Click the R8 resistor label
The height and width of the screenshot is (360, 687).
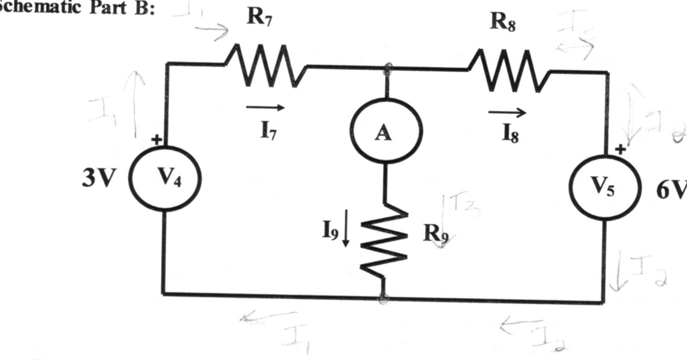point(503,22)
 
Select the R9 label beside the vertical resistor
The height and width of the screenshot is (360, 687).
point(435,233)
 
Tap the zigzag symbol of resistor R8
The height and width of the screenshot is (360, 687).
point(510,70)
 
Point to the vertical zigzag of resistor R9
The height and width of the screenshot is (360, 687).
point(383,242)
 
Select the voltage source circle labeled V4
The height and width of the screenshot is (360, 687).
point(165,178)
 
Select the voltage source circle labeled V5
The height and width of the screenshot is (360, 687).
point(606,188)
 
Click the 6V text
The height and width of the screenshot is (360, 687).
point(671,190)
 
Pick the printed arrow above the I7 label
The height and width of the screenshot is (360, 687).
point(265,107)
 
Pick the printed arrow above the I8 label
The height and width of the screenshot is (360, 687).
point(507,113)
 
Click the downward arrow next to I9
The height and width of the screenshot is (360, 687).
point(346,233)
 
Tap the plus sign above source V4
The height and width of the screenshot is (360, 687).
point(156,140)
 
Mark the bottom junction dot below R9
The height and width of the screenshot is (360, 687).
point(383,298)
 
